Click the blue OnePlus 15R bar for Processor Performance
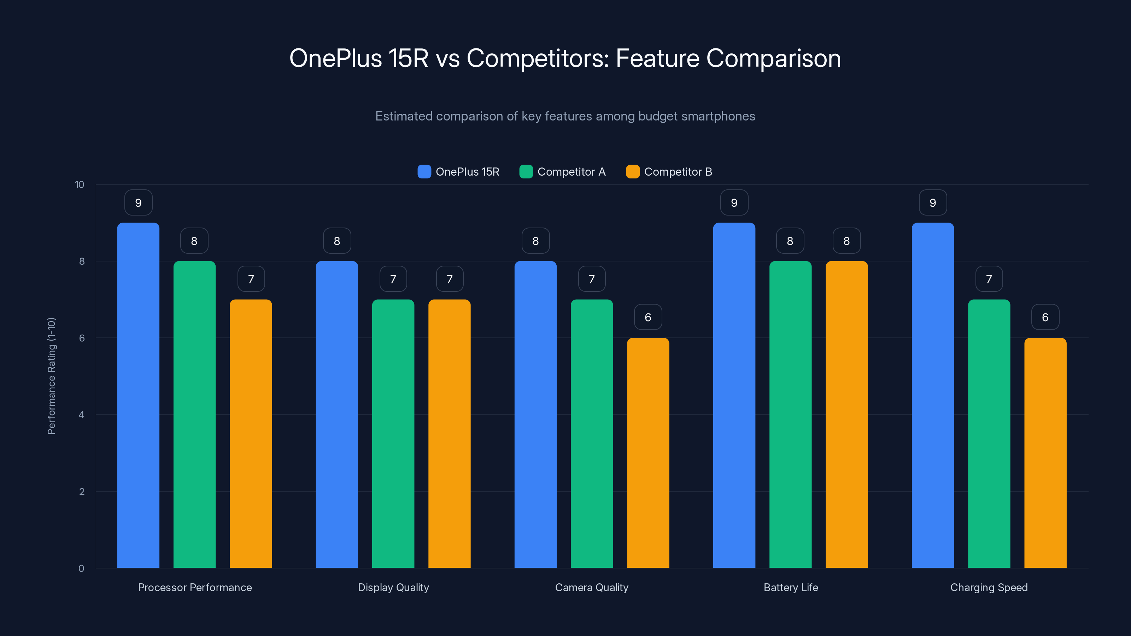138,395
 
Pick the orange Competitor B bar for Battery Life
846,414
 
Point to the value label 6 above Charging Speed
1045,317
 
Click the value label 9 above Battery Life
734,202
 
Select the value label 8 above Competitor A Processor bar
194,241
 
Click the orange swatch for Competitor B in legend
633,172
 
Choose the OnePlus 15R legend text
467,172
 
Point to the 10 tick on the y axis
80,184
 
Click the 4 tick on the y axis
81,415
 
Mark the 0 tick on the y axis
81,569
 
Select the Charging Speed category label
989,587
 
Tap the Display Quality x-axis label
393,587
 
